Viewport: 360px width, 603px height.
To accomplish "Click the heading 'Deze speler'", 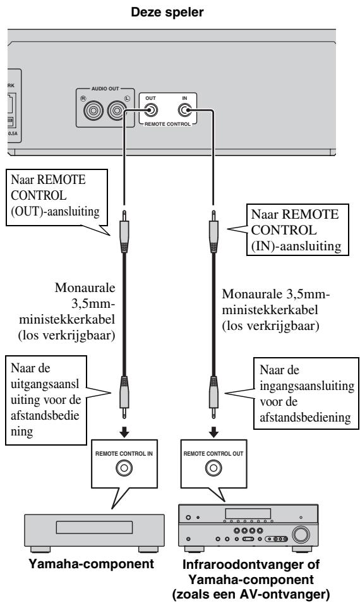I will (179, 8).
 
